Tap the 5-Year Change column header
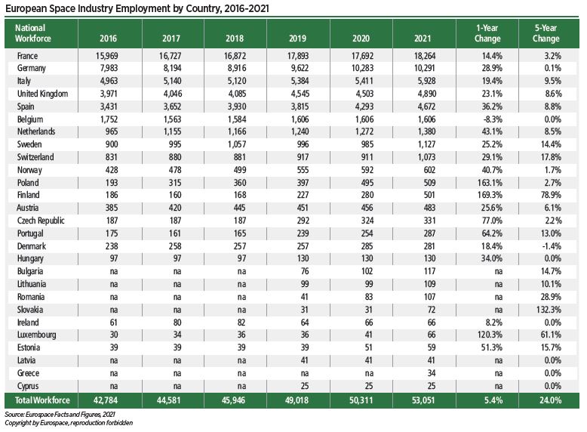545,33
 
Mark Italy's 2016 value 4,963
109,81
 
